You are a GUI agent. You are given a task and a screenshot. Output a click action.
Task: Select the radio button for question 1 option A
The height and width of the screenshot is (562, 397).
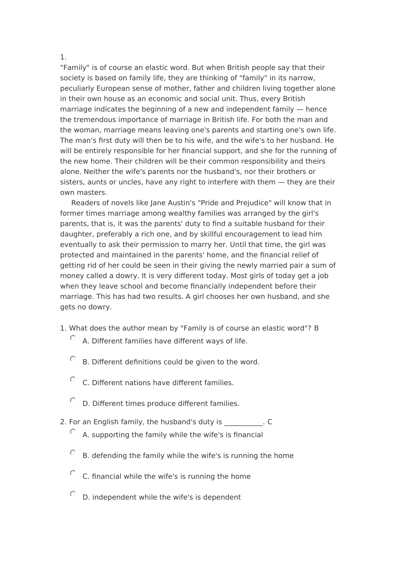(73, 338)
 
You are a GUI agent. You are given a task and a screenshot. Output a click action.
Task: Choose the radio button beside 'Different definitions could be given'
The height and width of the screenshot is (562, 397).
(73, 359)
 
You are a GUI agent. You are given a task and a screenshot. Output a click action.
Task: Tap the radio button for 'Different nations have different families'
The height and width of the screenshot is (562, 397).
(73, 379)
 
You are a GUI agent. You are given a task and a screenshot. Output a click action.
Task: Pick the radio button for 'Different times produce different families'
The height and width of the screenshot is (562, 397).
(73, 400)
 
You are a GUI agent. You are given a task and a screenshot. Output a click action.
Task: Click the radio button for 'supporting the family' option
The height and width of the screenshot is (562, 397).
(73, 432)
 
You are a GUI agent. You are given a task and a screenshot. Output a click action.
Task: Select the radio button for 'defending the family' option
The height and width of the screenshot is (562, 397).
(73, 452)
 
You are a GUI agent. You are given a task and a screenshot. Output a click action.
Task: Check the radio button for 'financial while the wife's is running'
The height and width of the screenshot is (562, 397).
(73, 473)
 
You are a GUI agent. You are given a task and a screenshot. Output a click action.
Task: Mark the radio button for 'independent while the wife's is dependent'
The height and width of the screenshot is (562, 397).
(73, 494)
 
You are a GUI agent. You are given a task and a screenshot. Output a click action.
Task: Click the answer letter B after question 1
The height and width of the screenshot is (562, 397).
(316, 328)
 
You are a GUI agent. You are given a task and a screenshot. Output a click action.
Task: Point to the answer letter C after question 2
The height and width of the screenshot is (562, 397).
(270, 422)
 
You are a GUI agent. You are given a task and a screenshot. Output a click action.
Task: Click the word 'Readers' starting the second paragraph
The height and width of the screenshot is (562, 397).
(85, 203)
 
